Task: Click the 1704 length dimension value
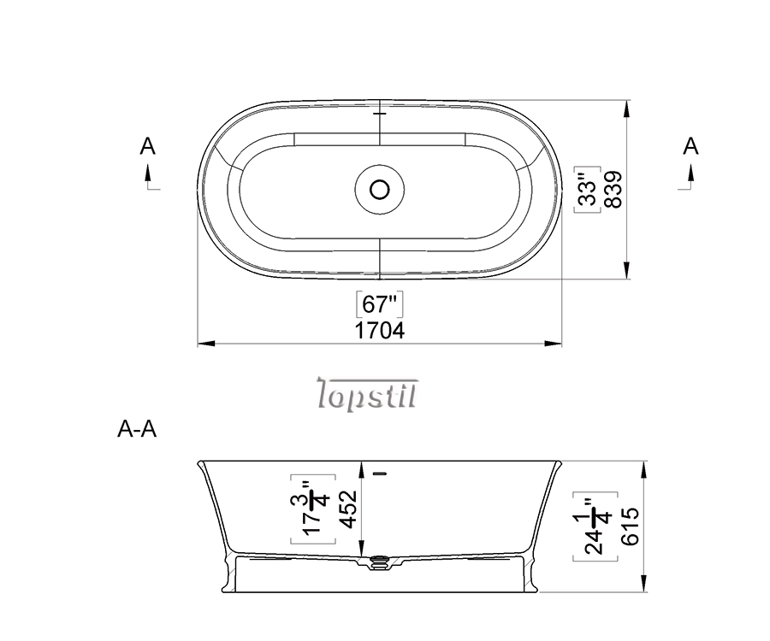[380, 331]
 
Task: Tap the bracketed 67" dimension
[379, 304]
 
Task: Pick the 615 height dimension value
[631, 526]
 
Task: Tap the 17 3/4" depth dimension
[313, 509]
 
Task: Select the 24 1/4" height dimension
[595, 526]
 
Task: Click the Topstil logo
[367, 393]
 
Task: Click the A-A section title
[137, 429]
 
